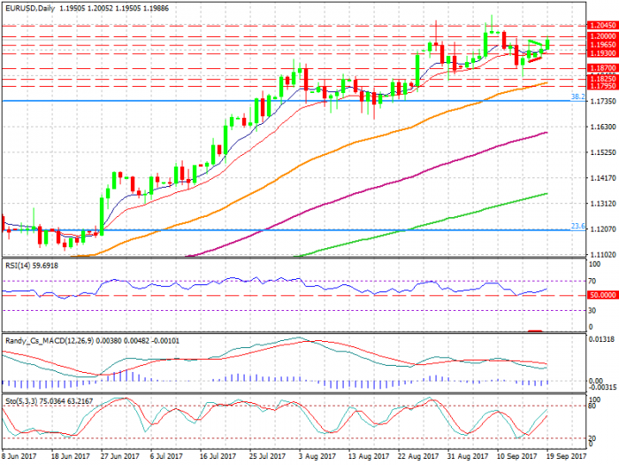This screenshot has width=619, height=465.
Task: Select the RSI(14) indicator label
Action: pyautogui.click(x=19, y=265)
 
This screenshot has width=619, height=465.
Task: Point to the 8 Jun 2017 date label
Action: pyautogui.click(x=20, y=456)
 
